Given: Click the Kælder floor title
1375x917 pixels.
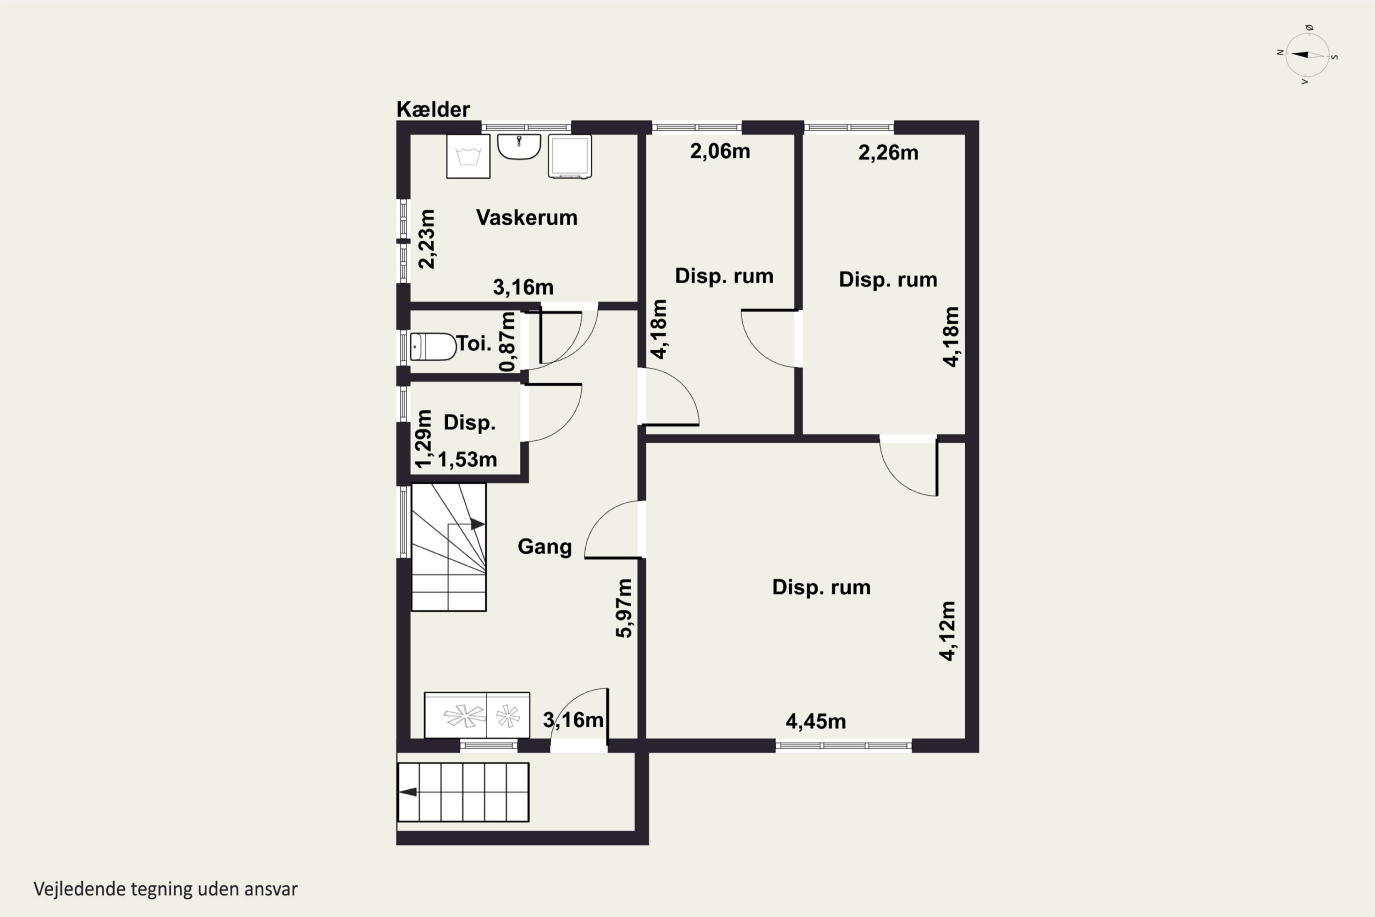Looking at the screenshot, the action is tap(433, 110).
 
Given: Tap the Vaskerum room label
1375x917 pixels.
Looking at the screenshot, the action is tap(527, 217).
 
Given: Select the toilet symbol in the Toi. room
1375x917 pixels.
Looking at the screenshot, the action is tap(433, 347).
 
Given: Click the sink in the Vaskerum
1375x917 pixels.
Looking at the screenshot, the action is tap(519, 147).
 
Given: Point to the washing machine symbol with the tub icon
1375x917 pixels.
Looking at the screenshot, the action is tap(468, 156).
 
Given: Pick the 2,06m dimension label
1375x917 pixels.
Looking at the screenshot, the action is tap(720, 151).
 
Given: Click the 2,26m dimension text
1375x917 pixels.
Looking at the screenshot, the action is tap(888, 153).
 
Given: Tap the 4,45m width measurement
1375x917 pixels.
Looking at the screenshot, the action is tap(815, 722).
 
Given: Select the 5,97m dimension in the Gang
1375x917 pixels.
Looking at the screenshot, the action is tap(624, 608).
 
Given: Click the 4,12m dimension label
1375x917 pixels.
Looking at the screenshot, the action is tap(948, 631).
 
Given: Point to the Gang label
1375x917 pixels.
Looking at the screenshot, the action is tap(544, 547).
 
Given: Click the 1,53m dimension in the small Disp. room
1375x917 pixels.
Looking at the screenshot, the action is tap(467, 460).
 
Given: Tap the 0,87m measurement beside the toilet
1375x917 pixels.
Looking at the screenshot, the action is tap(507, 342).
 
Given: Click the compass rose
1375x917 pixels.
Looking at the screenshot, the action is tap(1307, 55).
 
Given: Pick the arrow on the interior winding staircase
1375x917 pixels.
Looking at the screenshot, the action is tap(478, 524).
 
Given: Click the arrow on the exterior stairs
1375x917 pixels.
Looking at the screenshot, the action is tap(408, 792).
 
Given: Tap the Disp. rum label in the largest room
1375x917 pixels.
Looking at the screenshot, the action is tap(821, 587).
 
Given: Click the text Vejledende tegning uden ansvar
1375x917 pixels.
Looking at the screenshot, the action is tap(165, 889).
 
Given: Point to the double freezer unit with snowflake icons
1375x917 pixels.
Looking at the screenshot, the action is tap(477, 715).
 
